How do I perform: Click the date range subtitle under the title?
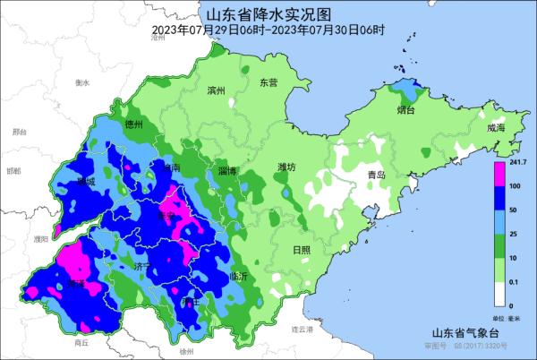tap(268, 30)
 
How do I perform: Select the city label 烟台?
tap(405, 111)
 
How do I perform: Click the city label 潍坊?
tap(286, 167)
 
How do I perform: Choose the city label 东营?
tap(269, 82)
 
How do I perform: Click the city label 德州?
tap(134, 124)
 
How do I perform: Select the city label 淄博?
tap(226, 170)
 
